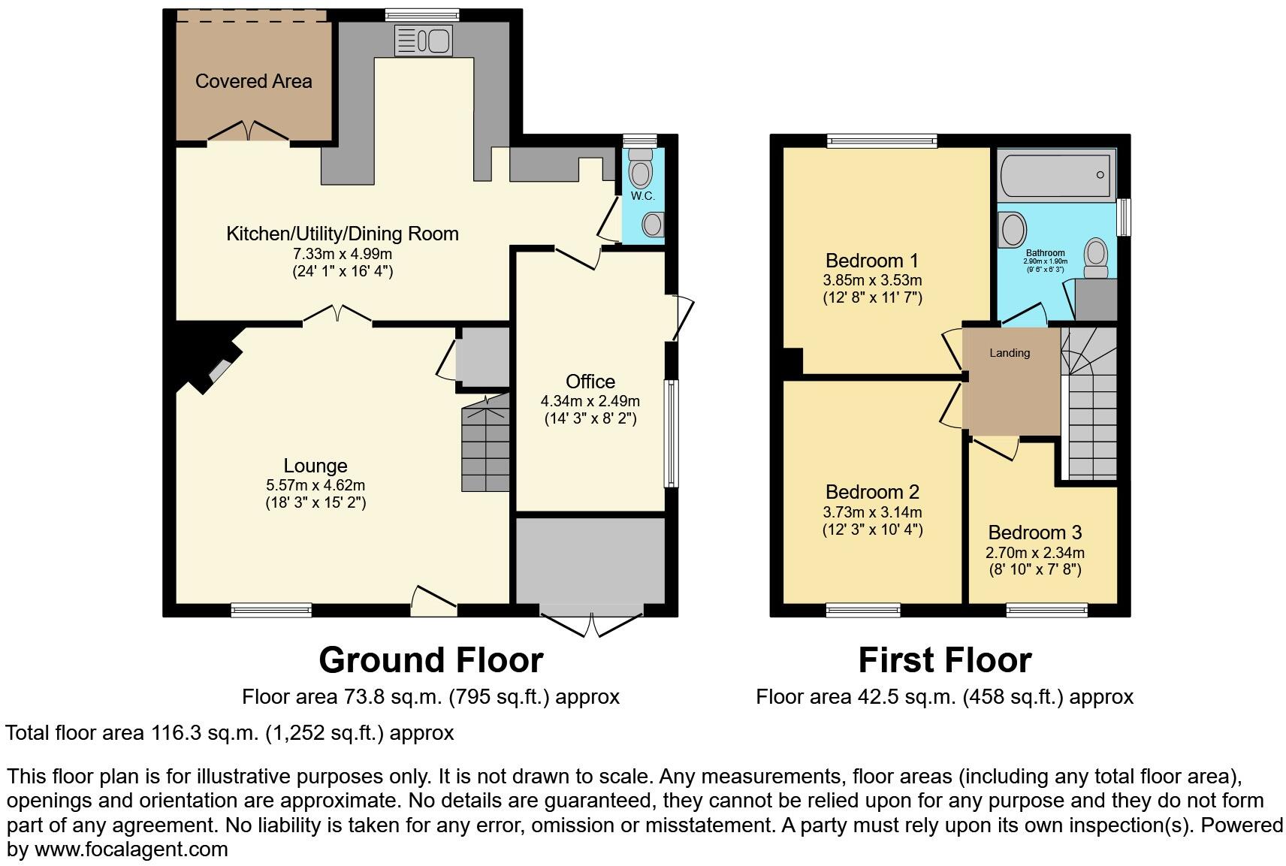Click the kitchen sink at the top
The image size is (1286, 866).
point(423,40)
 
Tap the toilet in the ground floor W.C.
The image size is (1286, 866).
point(640,167)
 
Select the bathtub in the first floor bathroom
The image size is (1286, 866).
point(1056,175)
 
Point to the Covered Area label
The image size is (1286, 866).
point(254,81)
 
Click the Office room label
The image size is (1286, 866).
point(590,382)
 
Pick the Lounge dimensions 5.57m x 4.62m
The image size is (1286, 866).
point(315,485)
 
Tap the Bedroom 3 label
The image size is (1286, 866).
point(1034,533)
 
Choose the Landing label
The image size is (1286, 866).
point(1010,353)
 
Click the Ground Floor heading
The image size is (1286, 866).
point(430,660)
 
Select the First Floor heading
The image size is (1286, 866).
point(945,660)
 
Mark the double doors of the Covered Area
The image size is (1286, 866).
point(248,131)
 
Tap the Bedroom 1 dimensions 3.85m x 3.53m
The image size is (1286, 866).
point(872,281)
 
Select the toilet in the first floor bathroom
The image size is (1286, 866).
point(1096,258)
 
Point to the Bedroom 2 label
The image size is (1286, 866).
point(872,492)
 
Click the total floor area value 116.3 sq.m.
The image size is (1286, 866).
point(204,733)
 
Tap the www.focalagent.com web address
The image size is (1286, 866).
point(131,849)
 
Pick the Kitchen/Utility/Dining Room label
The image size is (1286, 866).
point(343,234)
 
